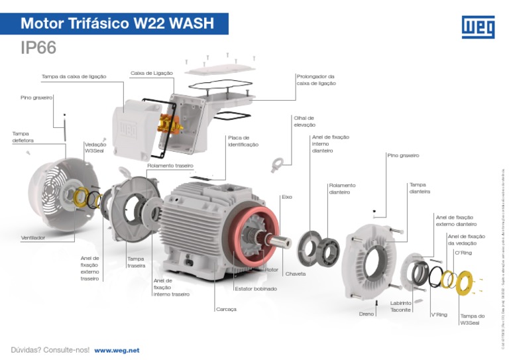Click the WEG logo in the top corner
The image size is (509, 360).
tap(477, 27)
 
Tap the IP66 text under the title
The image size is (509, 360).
tap(38, 48)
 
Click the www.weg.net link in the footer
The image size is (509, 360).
tap(117, 350)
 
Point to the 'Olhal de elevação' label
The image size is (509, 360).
tap(304, 121)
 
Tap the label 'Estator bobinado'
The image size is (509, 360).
tap(256, 289)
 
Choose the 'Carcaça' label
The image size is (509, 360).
tap(226, 310)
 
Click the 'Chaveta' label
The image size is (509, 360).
tap(296, 274)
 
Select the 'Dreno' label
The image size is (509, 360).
tap(367, 314)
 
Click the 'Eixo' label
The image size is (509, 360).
tap(287, 197)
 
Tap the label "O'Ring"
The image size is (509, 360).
tap(463, 253)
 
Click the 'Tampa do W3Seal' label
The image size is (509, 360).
tap(472, 320)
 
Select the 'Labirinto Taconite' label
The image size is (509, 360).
tap(401, 306)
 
